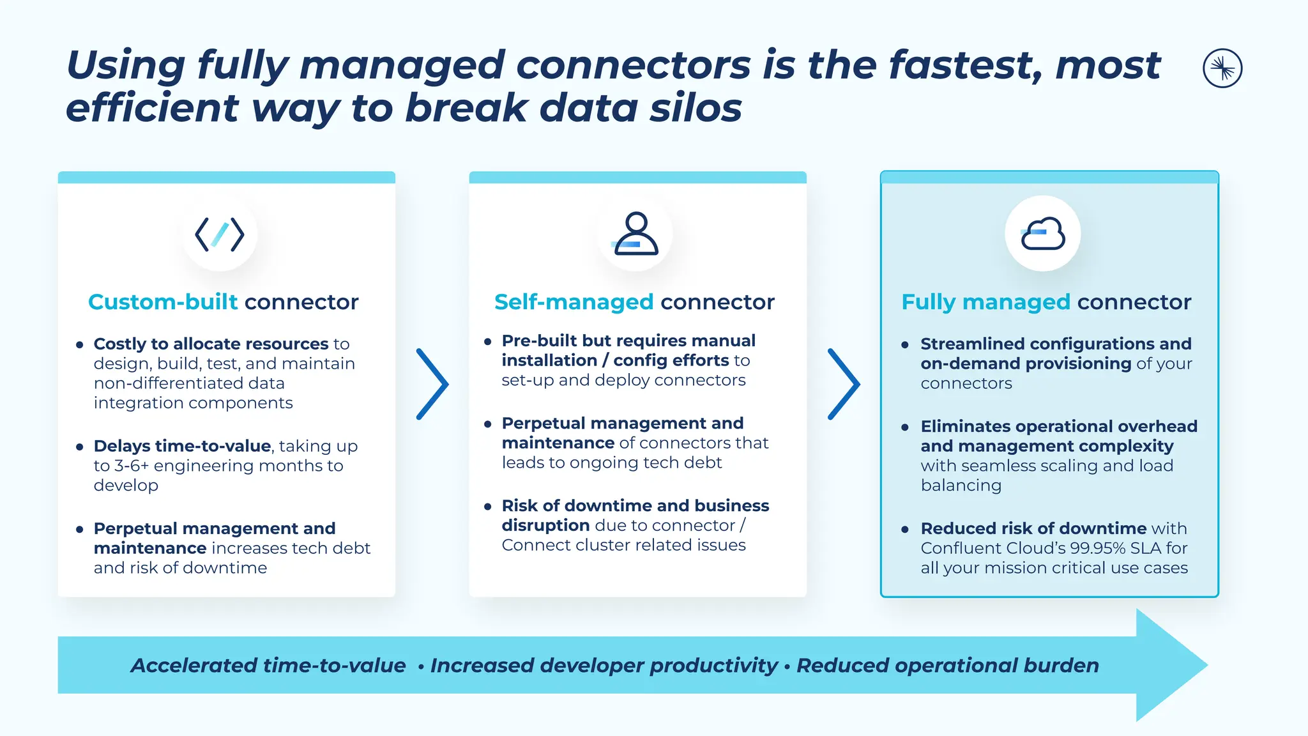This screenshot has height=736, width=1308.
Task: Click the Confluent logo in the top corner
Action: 1222,68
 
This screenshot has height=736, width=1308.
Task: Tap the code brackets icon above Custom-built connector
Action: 220,234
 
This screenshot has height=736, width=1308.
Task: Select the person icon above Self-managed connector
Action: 635,234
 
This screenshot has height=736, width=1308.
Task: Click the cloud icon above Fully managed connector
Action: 1043,234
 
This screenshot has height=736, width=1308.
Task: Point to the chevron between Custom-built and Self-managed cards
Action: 432,384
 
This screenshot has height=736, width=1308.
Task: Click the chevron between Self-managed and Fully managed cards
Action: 844,384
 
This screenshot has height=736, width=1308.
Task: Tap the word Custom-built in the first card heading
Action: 162,302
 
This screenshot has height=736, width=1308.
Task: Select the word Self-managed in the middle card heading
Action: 574,302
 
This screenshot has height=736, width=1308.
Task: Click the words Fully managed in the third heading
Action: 985,302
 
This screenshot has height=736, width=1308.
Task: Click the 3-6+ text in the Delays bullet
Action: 131,466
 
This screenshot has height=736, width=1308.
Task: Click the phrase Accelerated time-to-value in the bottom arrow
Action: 268,665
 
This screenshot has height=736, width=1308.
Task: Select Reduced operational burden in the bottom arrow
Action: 948,665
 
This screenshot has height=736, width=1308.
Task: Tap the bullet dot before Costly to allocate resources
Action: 80,344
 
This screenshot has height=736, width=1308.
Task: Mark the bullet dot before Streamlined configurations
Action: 905,344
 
